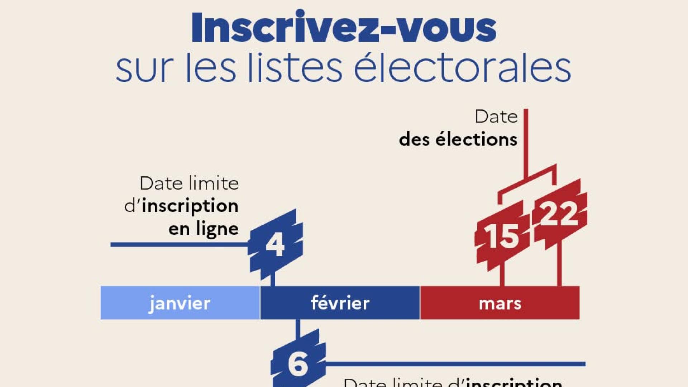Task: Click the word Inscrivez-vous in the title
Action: (x=344, y=28)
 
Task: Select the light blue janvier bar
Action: (x=180, y=303)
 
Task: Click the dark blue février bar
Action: (x=340, y=303)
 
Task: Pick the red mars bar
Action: (x=500, y=303)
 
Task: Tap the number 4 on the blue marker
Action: (x=275, y=245)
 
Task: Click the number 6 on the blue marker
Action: (x=298, y=364)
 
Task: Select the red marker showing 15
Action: (x=502, y=236)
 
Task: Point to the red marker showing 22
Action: (x=559, y=214)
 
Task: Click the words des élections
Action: (x=458, y=139)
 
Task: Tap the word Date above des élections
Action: (x=496, y=117)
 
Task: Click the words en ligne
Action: (x=203, y=229)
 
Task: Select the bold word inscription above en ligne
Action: (x=190, y=206)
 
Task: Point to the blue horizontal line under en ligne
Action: (x=179, y=244)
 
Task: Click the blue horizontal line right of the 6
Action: (x=455, y=364)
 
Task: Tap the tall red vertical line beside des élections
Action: (x=526, y=143)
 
